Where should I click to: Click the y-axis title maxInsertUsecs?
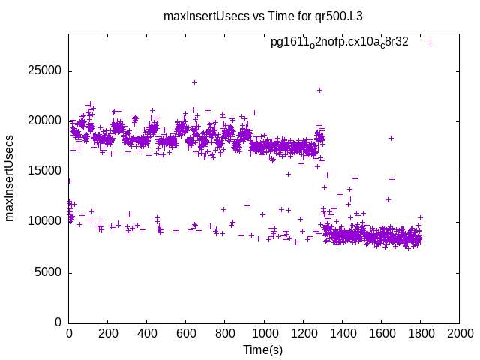[10, 178]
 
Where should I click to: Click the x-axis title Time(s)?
[263, 349]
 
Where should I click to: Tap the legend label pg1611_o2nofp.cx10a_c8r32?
[339, 43]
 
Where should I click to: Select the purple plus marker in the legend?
[430, 43]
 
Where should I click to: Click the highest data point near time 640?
[194, 82]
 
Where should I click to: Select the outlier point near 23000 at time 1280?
[319, 90]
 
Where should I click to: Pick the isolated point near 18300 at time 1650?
[391, 138]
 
